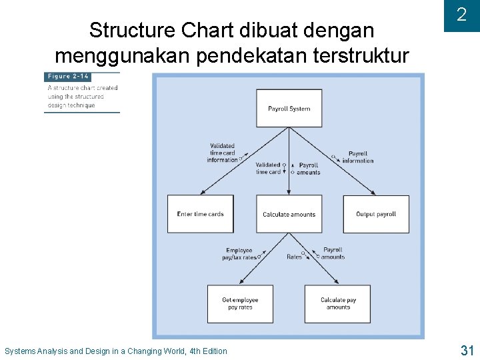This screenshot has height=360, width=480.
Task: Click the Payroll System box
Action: point(289,108)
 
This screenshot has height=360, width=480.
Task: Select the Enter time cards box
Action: point(200,214)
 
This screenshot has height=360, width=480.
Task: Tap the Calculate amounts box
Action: point(289,214)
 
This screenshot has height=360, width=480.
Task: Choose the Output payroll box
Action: point(376,214)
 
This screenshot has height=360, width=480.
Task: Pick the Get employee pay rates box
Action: point(240,303)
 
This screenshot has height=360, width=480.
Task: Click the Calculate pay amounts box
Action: point(338,303)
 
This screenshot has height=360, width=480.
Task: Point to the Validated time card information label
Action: point(222,153)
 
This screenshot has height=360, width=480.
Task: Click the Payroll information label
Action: point(358,157)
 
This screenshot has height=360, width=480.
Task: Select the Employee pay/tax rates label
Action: point(239,254)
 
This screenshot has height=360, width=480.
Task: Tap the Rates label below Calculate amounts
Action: point(294,257)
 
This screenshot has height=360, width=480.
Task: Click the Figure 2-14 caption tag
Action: point(68,77)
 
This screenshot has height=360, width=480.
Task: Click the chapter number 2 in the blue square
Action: point(461,15)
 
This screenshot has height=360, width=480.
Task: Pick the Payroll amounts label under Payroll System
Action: point(309,169)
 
